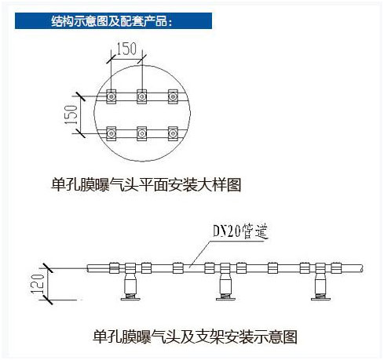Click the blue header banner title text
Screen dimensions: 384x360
[112, 21]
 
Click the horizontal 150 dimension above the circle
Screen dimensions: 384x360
[126, 49]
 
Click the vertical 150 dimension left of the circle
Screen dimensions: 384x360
[71, 115]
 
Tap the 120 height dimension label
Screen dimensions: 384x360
[37, 284]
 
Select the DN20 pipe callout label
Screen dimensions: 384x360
[240, 231]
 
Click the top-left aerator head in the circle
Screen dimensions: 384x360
[112, 96]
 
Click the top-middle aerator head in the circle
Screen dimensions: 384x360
[142, 96]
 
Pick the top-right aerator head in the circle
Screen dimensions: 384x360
[173, 96]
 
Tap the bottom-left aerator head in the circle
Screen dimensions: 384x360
[112, 133]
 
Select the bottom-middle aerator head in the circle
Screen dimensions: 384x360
[142, 133]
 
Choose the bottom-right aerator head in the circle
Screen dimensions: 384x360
[173, 133]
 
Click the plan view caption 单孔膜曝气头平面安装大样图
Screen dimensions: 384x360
[146, 185]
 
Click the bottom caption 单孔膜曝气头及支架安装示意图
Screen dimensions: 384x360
[195, 336]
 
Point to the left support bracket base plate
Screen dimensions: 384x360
[130, 299]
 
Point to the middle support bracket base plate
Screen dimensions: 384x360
[225, 299]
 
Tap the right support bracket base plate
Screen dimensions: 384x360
[320, 299]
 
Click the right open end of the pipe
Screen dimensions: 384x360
[363, 268]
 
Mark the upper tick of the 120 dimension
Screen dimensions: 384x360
[48, 268]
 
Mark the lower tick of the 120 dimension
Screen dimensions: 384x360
[48, 300]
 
